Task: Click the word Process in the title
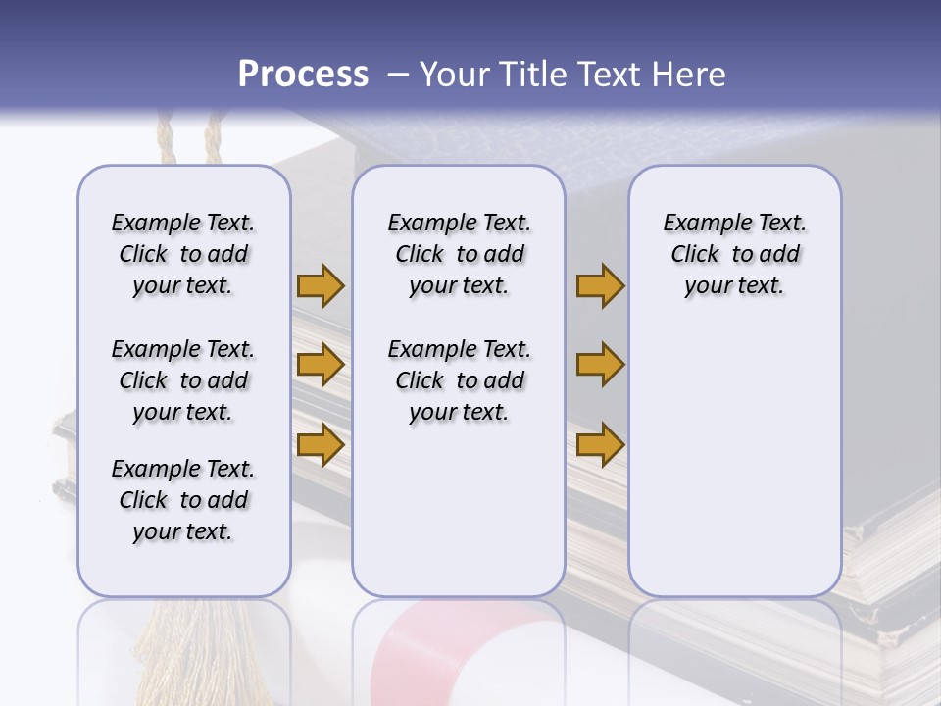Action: (x=303, y=75)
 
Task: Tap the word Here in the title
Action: (x=689, y=75)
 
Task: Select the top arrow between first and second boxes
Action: (x=321, y=286)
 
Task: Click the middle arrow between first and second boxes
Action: (x=321, y=366)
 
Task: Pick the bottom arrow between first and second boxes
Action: (x=321, y=444)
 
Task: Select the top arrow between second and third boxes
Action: (x=600, y=286)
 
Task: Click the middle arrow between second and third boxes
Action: (x=600, y=366)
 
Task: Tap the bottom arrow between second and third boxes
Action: (x=600, y=444)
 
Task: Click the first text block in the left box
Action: (x=183, y=254)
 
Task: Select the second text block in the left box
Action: (x=183, y=380)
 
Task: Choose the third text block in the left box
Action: (x=183, y=500)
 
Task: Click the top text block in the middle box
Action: (x=459, y=254)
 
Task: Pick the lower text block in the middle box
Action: (x=459, y=380)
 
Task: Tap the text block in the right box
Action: (x=734, y=254)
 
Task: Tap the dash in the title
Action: (x=398, y=75)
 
